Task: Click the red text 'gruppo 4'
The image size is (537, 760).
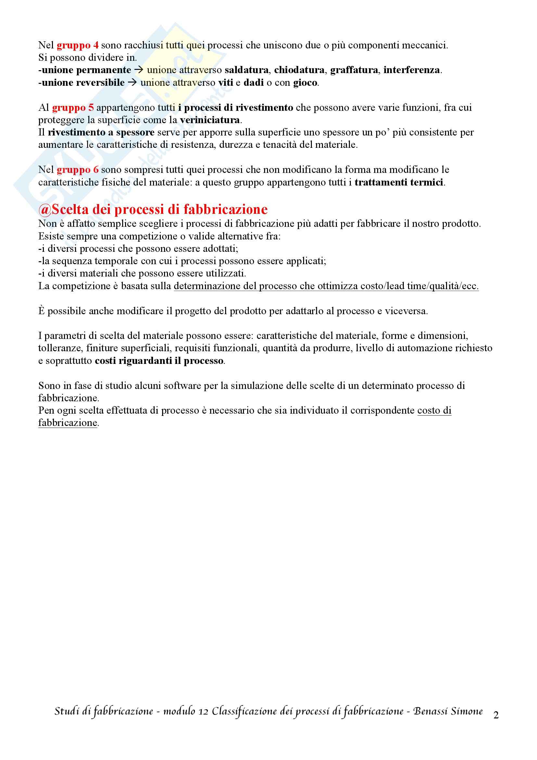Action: (x=77, y=45)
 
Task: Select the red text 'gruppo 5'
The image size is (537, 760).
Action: (x=73, y=108)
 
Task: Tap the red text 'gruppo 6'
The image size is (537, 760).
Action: (x=77, y=170)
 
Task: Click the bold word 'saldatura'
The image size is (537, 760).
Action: (x=247, y=70)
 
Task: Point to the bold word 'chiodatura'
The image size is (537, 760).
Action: (x=299, y=70)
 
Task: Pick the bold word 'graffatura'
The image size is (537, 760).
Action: (x=354, y=70)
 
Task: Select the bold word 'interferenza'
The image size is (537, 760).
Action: (x=412, y=70)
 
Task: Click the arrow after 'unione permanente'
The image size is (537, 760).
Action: (x=139, y=70)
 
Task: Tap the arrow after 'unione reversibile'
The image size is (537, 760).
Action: (x=132, y=83)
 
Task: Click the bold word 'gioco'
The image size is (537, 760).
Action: (x=305, y=83)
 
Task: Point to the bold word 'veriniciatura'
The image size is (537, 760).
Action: (x=210, y=120)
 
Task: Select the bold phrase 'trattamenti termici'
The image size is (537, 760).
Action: (x=399, y=182)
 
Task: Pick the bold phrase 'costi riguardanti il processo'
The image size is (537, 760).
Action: (x=159, y=361)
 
